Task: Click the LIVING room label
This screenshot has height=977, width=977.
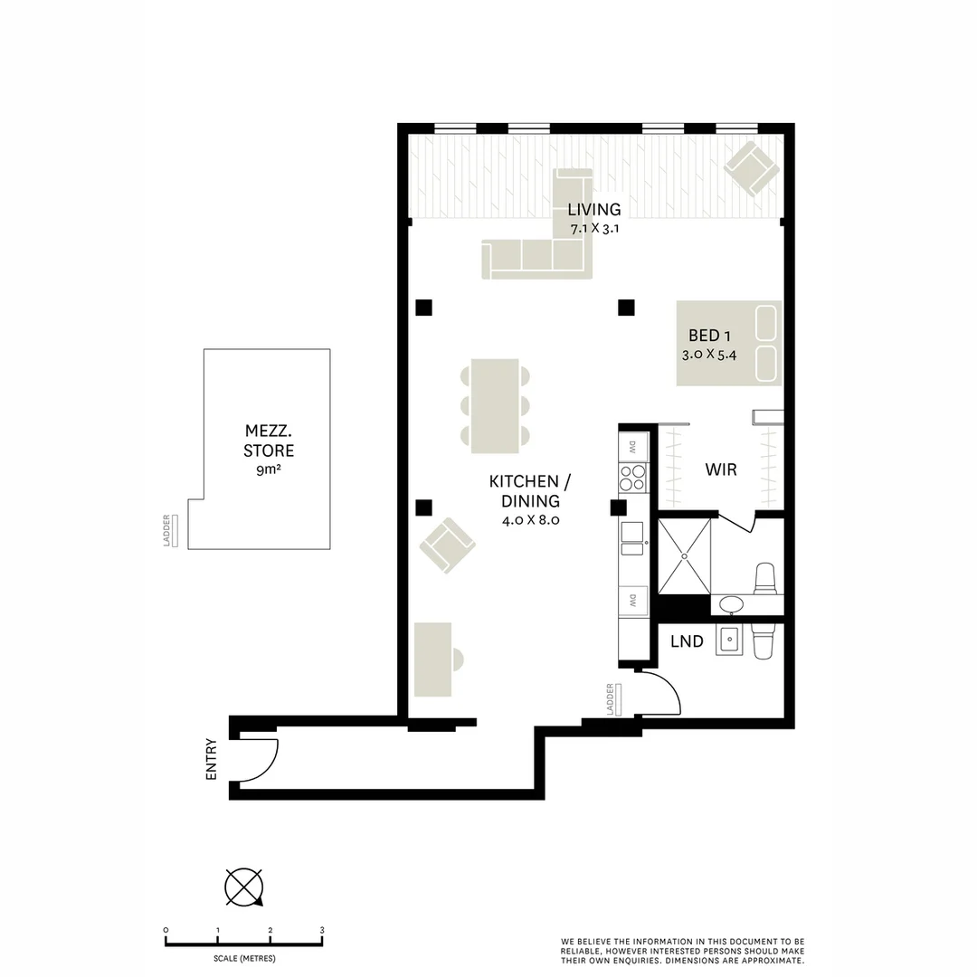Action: click(x=594, y=210)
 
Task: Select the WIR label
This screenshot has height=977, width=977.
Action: click(x=721, y=470)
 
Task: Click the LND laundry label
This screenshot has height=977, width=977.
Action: click(x=687, y=641)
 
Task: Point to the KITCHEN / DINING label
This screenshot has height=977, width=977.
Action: click(x=530, y=491)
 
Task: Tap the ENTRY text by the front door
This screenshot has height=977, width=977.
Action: click(x=212, y=760)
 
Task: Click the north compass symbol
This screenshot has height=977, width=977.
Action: click(x=244, y=887)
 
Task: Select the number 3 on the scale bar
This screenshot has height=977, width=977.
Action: click(x=322, y=930)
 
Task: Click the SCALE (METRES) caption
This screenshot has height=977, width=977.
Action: click(x=244, y=958)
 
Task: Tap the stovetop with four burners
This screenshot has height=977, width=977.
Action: click(x=632, y=477)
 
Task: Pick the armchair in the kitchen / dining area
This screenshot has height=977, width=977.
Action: click(x=447, y=545)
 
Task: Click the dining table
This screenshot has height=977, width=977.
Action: click(x=495, y=405)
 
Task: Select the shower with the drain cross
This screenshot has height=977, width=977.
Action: click(x=683, y=555)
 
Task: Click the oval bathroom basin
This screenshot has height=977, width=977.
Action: click(x=731, y=604)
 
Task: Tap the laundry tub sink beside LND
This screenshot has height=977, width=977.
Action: click(x=729, y=640)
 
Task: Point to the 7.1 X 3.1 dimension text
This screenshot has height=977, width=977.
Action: click(x=593, y=229)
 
